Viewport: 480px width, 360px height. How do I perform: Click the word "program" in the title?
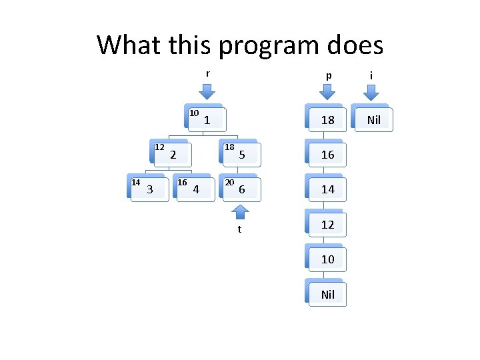(x=261, y=45)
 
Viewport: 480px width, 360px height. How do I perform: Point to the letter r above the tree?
(x=207, y=73)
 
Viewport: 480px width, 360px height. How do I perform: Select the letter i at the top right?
(x=371, y=75)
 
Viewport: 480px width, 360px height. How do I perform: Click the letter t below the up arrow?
(x=239, y=229)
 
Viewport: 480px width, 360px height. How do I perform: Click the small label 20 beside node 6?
(x=229, y=182)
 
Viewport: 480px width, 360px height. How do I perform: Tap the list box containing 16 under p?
(x=327, y=155)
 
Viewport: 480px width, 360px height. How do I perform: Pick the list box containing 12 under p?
(x=327, y=225)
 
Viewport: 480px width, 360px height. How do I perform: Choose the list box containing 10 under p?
(x=327, y=259)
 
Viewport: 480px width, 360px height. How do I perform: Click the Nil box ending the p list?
(x=327, y=294)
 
